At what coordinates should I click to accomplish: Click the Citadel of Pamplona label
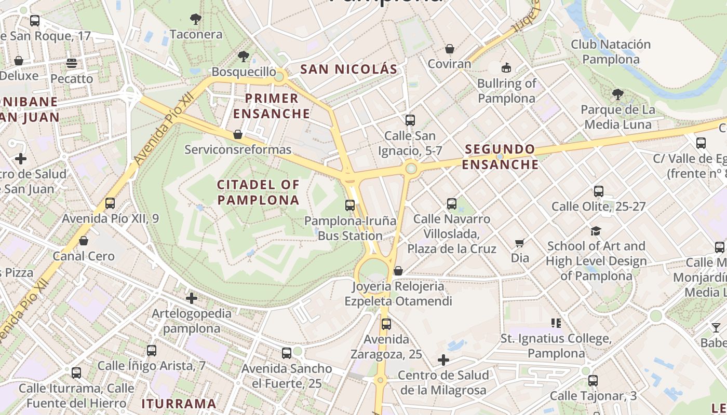click(258, 192)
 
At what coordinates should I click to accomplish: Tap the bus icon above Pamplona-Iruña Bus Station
click(349, 205)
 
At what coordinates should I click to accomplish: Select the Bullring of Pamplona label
click(506, 91)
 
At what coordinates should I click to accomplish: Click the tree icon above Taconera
click(195, 20)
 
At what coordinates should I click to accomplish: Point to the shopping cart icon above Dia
click(519, 243)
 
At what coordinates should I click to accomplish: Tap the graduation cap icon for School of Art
click(595, 231)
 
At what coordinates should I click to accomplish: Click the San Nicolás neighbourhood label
click(348, 69)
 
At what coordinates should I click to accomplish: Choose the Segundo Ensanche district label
click(500, 157)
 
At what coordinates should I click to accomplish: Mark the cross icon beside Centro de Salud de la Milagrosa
click(443, 359)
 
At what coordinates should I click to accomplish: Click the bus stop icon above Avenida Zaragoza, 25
click(386, 324)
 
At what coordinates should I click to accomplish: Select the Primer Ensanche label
click(272, 106)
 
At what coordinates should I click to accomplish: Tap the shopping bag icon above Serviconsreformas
click(238, 134)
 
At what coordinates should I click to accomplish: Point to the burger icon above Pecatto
click(72, 63)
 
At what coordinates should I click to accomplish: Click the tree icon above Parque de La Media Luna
click(617, 94)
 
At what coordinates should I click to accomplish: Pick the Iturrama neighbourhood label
click(179, 404)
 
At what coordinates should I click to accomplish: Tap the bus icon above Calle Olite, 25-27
click(598, 191)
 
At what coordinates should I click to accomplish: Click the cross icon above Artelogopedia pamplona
click(192, 298)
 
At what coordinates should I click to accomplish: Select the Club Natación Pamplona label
click(611, 52)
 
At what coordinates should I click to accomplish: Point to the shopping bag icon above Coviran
click(449, 49)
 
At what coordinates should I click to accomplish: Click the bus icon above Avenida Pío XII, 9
click(110, 203)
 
